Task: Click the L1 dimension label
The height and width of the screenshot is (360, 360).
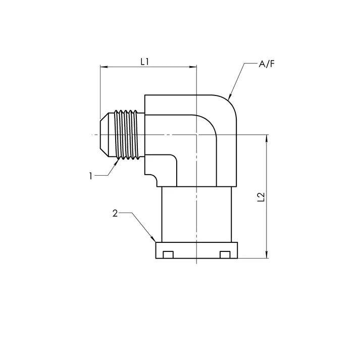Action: [x=145, y=62]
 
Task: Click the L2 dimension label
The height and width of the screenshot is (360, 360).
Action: [x=261, y=197]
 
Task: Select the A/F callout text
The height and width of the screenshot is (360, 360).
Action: [x=267, y=64]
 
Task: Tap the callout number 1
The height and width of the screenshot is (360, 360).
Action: [x=91, y=176]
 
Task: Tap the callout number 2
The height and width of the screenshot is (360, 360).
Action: [x=115, y=214]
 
